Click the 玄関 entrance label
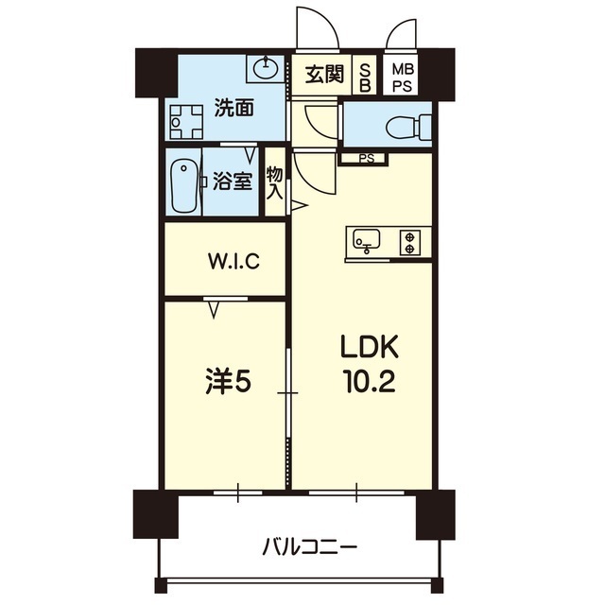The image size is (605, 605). point(323,74)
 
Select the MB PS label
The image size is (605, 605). point(404,75)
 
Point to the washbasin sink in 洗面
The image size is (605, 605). point(266,68)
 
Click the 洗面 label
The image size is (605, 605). point(233,108)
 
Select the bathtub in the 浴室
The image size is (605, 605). point(184,183)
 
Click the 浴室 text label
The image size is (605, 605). point(232,181)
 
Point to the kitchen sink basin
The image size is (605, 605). point(366,241)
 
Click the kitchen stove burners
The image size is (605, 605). point(411,242)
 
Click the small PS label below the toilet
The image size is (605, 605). point(365,158)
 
